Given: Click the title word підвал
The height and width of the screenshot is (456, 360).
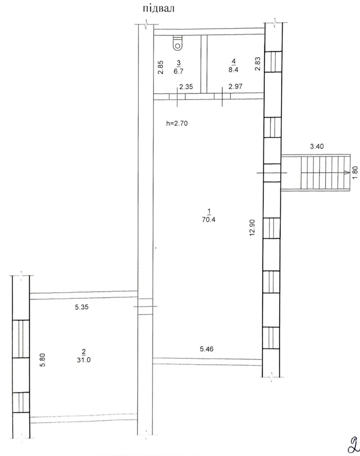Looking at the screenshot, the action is (159, 9).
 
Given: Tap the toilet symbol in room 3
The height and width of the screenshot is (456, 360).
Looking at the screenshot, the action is (178, 43).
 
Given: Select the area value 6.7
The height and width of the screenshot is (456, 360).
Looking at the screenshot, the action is (179, 71).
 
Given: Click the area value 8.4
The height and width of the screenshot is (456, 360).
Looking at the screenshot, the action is (233, 70).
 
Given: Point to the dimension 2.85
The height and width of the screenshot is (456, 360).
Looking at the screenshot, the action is (161, 67).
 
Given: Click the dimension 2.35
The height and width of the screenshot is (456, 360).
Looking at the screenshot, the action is (186, 87).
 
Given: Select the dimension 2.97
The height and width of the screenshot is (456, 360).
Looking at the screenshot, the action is (235, 86).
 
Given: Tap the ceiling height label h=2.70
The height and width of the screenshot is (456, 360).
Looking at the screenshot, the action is (177, 123).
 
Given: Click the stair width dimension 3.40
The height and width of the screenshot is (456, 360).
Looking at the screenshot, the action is (317, 146).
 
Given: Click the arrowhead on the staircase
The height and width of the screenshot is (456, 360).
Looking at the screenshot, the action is (347, 173).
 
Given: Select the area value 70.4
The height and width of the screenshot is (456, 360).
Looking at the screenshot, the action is (209, 220).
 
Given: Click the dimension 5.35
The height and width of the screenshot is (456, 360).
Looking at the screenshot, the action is (82, 307).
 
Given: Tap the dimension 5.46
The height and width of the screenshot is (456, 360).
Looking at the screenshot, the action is (207, 349).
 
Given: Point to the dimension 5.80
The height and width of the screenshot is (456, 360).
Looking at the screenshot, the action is (43, 360).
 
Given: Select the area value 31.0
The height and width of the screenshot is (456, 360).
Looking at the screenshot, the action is (84, 360).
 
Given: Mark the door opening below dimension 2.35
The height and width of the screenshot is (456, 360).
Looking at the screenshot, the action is (177, 97).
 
